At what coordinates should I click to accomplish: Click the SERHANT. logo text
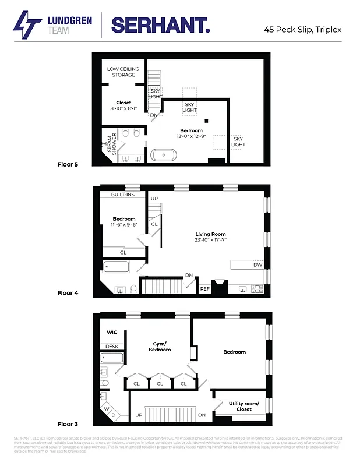[160, 24]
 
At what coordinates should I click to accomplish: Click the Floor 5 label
[68, 164]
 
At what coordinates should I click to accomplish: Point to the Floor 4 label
[68, 293]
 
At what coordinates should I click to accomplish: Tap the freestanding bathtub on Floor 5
[165, 155]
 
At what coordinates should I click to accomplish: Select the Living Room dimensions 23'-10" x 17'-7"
[210, 239]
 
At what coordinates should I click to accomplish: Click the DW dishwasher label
[257, 265]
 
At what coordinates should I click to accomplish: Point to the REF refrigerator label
[204, 288]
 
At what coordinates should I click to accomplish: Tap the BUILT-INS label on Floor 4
[123, 195]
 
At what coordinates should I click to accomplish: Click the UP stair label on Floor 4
[154, 199]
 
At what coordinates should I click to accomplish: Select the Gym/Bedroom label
[159, 346]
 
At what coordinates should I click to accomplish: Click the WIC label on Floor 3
[112, 333]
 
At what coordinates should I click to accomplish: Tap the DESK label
[112, 346]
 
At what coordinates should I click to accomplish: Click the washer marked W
[107, 409]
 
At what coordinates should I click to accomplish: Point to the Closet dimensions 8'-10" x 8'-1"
[123, 108]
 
